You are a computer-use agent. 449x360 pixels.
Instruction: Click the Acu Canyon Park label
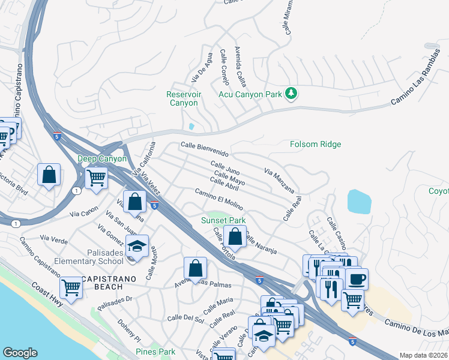(x=250, y=94)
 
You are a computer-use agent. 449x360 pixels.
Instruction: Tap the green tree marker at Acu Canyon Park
(x=292, y=93)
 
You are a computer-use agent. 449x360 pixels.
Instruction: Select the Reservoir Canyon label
(x=184, y=99)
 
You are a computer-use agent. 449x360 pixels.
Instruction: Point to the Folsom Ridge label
(x=315, y=144)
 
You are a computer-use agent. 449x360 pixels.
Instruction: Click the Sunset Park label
(x=223, y=220)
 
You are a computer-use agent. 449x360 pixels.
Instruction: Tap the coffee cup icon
(x=357, y=279)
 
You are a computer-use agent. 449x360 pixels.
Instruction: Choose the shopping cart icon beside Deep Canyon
(x=96, y=177)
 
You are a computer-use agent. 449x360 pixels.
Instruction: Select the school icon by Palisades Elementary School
(x=137, y=247)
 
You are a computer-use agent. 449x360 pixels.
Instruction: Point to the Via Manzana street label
(x=279, y=181)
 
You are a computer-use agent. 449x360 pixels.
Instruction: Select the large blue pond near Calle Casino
(x=359, y=201)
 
